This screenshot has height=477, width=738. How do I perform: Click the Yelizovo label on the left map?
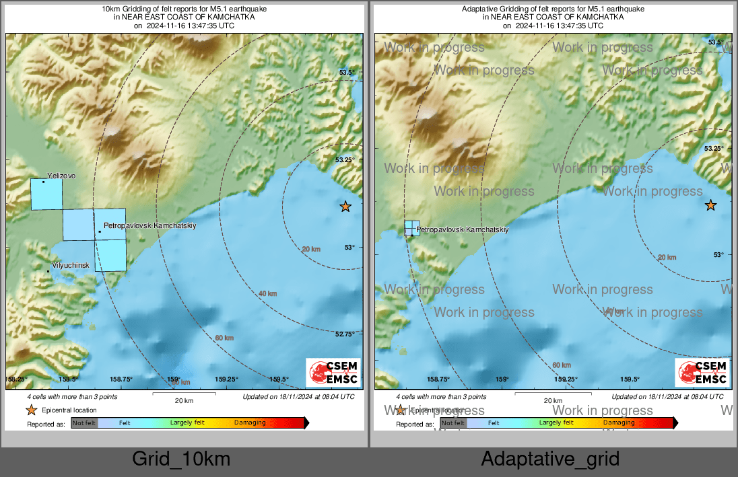click(62, 175)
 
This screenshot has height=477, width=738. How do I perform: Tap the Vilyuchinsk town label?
click(71, 265)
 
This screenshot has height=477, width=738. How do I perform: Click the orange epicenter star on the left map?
click(345, 207)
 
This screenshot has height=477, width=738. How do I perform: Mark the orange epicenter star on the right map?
click(710, 205)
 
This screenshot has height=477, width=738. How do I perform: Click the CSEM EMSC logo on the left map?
click(333, 373)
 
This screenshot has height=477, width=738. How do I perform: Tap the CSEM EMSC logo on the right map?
click(702, 373)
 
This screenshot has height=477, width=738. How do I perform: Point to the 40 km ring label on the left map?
click(267, 293)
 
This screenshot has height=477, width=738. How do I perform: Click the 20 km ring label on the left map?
click(311, 249)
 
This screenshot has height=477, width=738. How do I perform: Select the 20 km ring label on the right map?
click(667, 257)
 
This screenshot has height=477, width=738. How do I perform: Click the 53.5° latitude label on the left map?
click(346, 73)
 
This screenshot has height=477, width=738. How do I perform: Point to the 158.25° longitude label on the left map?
click(18, 379)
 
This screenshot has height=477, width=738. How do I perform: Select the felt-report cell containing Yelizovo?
click(46, 194)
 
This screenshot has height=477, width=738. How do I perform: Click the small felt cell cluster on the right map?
click(412, 227)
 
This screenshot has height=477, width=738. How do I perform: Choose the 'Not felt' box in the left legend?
click(85, 423)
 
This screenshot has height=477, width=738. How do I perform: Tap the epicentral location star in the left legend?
click(31, 410)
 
